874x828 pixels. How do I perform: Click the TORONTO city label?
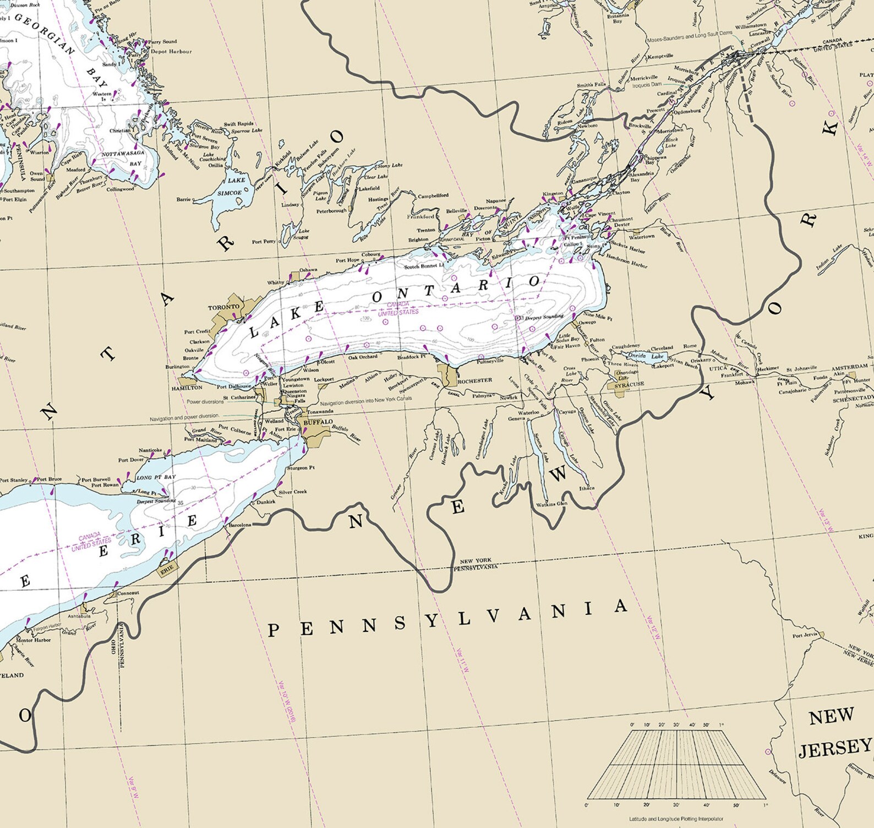(223, 307)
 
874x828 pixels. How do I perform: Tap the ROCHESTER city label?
(474, 380)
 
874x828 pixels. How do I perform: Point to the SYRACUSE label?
(629, 384)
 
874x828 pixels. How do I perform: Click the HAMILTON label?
(187, 388)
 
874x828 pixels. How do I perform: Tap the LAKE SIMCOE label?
(232, 187)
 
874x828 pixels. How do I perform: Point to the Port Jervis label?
(805, 636)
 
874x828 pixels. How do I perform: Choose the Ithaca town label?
(587, 488)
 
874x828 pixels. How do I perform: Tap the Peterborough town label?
(331, 211)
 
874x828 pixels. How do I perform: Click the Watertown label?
(642, 237)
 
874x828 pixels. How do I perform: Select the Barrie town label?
(183, 199)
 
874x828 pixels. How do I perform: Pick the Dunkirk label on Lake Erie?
(266, 502)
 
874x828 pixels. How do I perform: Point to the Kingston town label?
(553, 193)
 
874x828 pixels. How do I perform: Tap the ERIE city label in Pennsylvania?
(167, 572)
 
